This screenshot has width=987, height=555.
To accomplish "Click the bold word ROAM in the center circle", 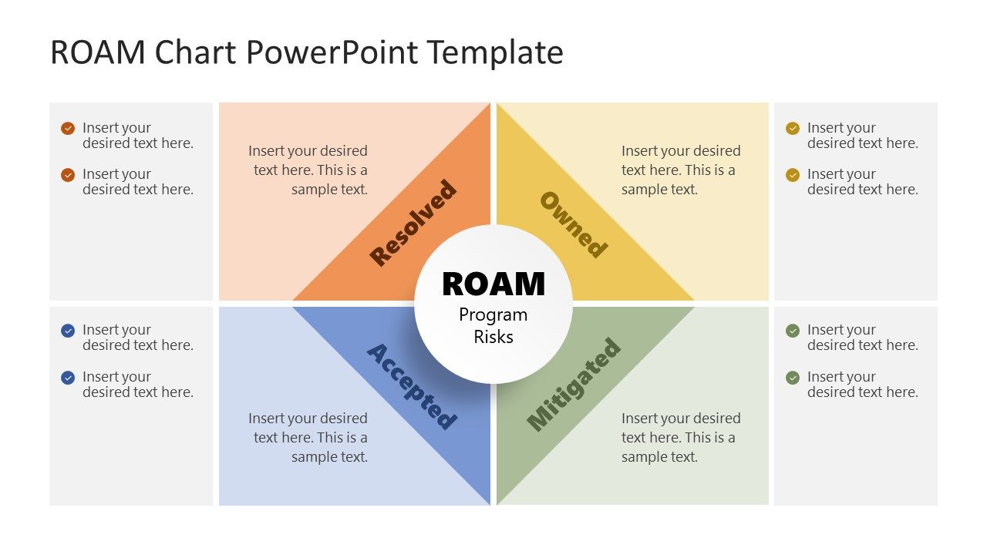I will tap(493, 284).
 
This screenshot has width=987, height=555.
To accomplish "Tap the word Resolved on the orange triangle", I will tap(413, 223).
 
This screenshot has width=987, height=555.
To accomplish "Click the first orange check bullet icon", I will tap(68, 129).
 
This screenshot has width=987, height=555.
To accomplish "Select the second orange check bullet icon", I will tap(68, 175).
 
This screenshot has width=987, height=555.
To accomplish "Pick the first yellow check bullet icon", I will tap(793, 129).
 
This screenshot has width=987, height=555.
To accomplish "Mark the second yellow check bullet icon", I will tap(793, 175).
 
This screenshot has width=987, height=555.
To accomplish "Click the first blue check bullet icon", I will tap(68, 331).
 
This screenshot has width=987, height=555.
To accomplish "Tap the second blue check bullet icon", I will tap(68, 378).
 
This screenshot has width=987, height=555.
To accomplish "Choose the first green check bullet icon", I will tap(793, 331).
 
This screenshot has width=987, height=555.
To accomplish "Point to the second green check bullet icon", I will tap(793, 378).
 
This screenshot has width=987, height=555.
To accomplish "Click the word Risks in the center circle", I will tap(493, 337).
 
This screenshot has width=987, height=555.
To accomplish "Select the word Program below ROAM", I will tap(493, 315).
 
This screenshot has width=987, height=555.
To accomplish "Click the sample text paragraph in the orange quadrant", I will tap(308, 170).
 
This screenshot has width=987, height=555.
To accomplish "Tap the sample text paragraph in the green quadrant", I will tap(680, 437).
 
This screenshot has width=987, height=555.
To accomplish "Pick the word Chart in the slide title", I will tap(197, 52).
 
